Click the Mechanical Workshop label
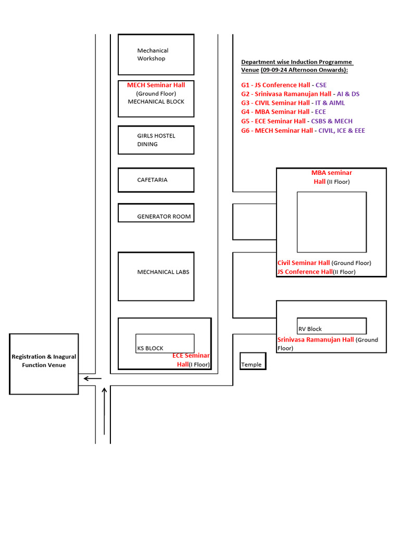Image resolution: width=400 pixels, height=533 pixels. (152, 55)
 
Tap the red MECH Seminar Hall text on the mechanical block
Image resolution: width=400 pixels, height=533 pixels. (156, 85)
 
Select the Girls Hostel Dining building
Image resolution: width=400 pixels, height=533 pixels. (156, 140)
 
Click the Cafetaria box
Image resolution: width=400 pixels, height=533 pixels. (156, 180)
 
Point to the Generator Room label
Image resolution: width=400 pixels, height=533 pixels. (164, 217)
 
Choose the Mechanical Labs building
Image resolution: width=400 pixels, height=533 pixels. (156, 276)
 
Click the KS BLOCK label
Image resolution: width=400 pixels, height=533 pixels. (150, 348)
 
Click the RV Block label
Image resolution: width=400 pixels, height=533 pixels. (310, 329)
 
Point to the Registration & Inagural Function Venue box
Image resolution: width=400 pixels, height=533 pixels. (44, 364)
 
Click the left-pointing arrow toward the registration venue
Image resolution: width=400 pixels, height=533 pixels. (93, 379)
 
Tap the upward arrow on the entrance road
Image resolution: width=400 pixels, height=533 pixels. (105, 411)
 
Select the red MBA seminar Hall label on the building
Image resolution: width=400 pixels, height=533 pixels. (331, 177)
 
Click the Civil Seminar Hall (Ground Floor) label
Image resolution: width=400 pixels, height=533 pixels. (324, 263)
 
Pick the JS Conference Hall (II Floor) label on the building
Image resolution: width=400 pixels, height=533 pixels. (316, 272)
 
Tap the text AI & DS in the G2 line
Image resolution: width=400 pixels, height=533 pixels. (347, 94)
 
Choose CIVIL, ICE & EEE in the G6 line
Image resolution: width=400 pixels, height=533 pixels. (342, 131)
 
